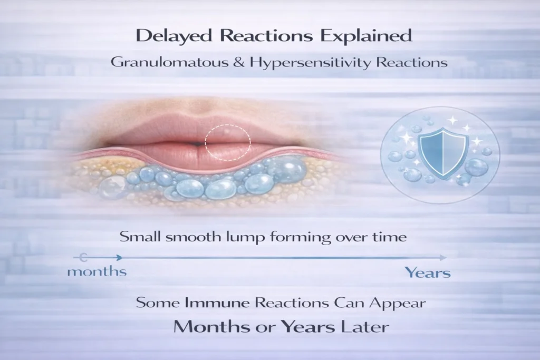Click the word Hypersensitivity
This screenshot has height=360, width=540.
pos(302,62)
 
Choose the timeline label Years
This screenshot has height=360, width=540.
pos(428,273)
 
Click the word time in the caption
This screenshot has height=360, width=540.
pos(391,237)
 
